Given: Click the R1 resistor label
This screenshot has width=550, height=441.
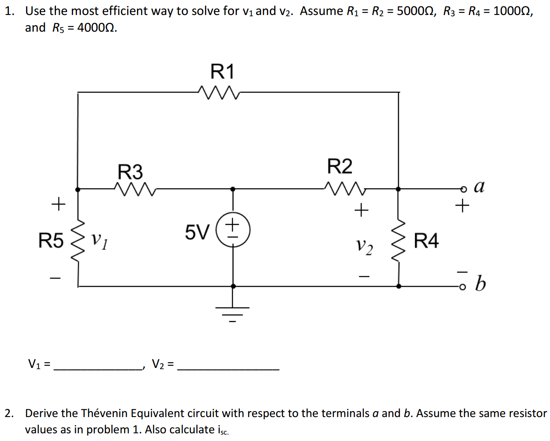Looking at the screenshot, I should (x=222, y=71).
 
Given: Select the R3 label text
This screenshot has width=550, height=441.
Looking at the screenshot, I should (x=130, y=172).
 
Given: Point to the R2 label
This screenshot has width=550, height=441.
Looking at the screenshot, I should (x=340, y=166).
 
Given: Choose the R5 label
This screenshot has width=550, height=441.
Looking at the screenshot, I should (x=50, y=240).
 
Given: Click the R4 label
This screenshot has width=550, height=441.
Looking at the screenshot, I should (x=426, y=241).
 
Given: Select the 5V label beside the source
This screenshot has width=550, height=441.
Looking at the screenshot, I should (x=197, y=232).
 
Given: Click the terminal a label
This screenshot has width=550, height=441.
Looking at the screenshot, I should (x=479, y=186).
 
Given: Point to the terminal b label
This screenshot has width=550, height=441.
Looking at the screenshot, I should (x=480, y=283).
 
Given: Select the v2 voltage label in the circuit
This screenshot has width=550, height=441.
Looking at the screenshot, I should (x=364, y=246).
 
